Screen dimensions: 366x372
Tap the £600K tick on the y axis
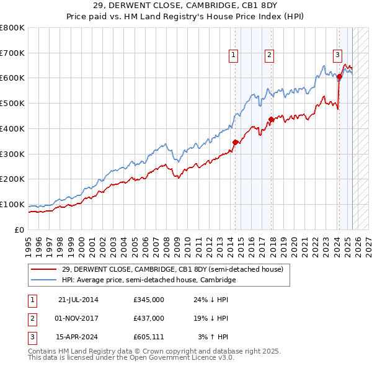click(12, 78)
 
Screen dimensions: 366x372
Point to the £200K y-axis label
click(12, 179)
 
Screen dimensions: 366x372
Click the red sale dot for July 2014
click(236, 142)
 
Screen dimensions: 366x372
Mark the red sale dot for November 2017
click(271, 119)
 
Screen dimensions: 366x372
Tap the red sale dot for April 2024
click(339, 77)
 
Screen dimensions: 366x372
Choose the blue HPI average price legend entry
click(149, 280)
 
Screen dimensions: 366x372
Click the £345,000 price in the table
click(149, 300)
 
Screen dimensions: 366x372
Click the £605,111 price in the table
click(149, 337)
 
